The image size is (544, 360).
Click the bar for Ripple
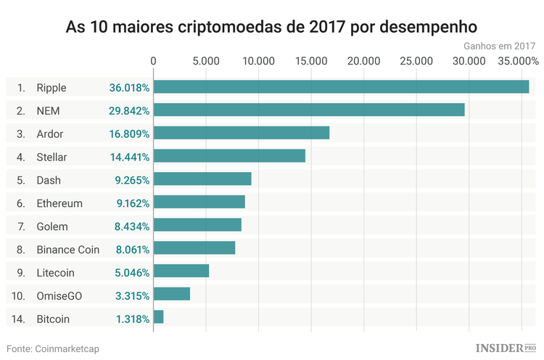(x=341, y=87)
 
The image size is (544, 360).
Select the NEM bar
(x=308, y=110)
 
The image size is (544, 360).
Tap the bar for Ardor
(x=241, y=133)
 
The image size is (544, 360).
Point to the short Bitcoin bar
(x=158, y=317)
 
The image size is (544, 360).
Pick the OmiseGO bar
(x=171, y=294)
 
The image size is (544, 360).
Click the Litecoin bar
(x=181, y=271)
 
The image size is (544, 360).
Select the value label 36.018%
(x=129, y=88)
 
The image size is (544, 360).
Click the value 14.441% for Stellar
(x=129, y=157)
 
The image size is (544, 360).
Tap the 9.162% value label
(x=132, y=203)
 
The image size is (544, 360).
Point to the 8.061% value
(x=132, y=250)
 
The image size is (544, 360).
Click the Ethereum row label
(x=59, y=203)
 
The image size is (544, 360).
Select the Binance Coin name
(x=68, y=250)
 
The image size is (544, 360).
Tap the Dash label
(x=49, y=180)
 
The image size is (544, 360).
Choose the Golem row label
(x=52, y=226)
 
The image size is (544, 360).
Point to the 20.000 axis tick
(x=363, y=62)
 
